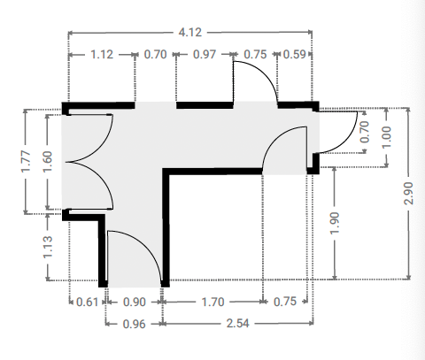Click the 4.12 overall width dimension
(x=190, y=32)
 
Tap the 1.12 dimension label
(x=102, y=55)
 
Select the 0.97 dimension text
(x=205, y=55)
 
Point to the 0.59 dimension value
(x=294, y=55)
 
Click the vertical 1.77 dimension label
(x=26, y=162)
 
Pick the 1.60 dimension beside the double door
(x=47, y=162)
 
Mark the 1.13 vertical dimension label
(x=47, y=247)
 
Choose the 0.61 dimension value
(x=87, y=302)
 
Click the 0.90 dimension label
(x=135, y=302)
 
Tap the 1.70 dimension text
(x=212, y=302)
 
